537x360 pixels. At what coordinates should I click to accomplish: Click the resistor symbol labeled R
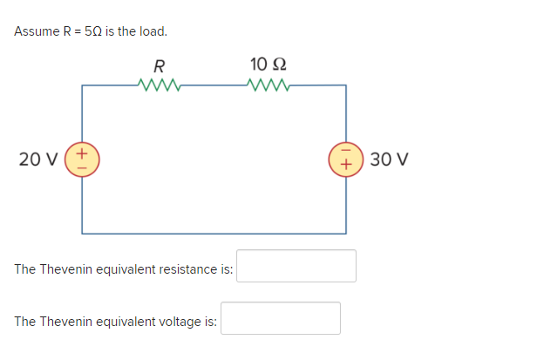[159, 85]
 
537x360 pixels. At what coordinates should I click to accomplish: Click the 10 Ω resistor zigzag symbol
[268, 85]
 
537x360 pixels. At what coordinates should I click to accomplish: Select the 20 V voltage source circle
[83, 160]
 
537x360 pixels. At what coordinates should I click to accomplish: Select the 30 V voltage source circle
[345, 160]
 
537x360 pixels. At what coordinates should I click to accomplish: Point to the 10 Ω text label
[268, 64]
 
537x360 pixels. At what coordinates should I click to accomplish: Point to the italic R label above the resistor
[159, 65]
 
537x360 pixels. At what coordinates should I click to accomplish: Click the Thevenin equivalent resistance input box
[296, 266]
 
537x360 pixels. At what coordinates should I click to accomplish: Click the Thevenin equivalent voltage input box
[280, 318]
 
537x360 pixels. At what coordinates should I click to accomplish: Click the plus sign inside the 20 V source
[83, 153]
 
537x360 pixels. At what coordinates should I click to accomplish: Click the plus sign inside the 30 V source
[345, 166]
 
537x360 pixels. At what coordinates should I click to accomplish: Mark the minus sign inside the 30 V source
[345, 153]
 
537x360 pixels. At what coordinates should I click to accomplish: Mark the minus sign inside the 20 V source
[83, 166]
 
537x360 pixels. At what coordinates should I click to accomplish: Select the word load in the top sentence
[151, 31]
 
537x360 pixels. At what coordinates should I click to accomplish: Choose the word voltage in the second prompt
[180, 322]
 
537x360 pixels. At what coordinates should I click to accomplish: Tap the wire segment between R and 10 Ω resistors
[214, 85]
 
